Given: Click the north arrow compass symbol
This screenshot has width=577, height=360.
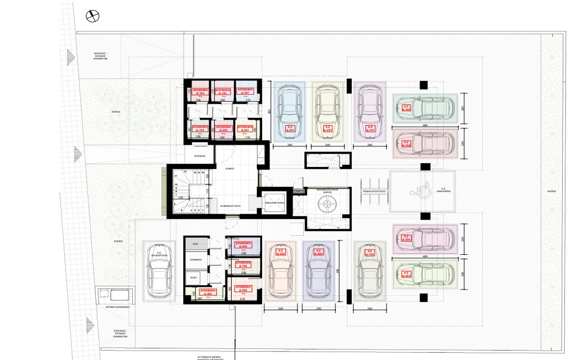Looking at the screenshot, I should pos(93,16).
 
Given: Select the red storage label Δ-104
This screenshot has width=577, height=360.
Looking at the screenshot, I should pos(198,93).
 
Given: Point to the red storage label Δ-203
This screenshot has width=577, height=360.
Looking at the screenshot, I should pos(208,292).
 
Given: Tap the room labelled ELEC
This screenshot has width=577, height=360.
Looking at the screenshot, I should pos(193,277).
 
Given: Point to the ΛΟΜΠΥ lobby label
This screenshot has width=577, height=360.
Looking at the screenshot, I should pos(228,168).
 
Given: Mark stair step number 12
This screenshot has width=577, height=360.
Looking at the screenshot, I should pos(185,172).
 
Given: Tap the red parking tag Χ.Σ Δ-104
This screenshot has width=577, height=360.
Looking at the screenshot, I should pos(406,144).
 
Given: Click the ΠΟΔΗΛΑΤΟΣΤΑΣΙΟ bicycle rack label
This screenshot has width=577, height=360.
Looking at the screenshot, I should pos(374,192).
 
